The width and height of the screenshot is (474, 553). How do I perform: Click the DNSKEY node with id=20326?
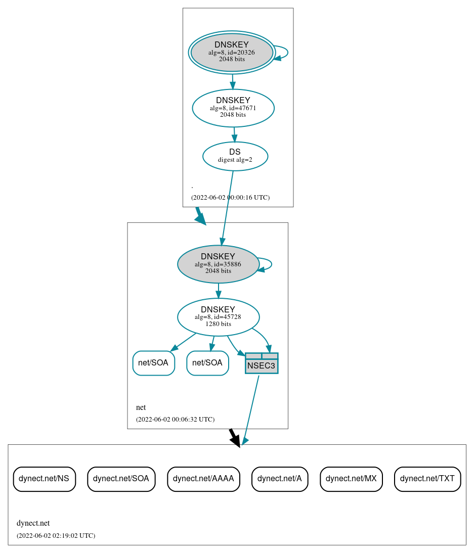232,52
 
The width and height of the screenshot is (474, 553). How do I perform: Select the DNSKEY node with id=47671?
233,108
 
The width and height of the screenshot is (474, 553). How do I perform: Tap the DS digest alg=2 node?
235,156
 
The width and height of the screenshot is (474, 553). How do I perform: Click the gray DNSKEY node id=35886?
218,264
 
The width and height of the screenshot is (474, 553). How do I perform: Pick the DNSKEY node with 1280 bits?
218,317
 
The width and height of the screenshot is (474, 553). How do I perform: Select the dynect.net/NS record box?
44,479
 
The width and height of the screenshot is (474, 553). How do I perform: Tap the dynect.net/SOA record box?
121,479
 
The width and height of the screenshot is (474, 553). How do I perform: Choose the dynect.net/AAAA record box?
203,479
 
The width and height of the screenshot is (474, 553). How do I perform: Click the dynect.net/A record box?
279,479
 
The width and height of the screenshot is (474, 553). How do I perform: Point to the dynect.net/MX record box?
351,479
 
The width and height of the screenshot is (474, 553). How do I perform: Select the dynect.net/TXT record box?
427,479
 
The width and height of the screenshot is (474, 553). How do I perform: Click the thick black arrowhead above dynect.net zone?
235,440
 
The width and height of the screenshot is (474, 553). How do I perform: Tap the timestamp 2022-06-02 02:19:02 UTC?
56,535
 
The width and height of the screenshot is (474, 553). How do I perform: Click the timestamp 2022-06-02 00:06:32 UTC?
175,419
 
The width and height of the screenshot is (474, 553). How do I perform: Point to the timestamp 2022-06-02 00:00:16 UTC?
230,197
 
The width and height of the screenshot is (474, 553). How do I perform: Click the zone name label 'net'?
141,407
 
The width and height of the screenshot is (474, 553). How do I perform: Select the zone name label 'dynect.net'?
33,523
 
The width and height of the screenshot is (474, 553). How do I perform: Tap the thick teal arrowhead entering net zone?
201,218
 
